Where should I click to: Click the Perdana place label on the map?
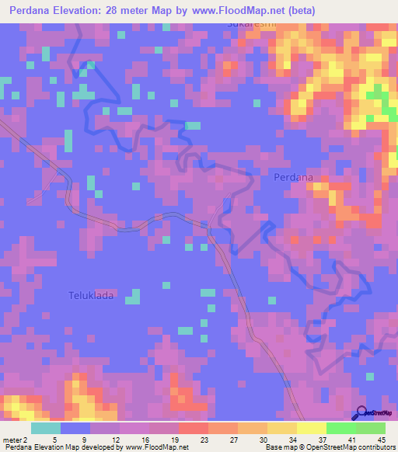[294, 177]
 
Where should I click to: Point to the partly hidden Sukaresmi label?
[252, 25]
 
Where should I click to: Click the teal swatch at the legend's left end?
[46, 428]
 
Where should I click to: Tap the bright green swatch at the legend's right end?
[370, 428]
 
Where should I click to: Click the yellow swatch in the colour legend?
[311, 428]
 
